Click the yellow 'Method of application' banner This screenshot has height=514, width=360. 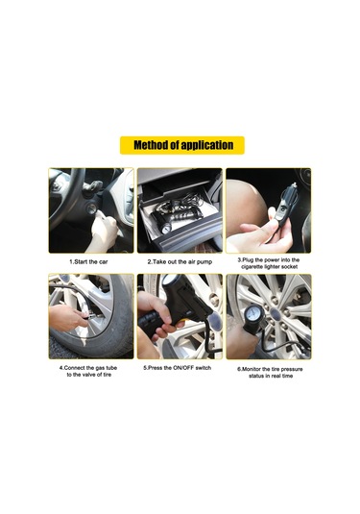(182, 145)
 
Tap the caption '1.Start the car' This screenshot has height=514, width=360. (88, 262)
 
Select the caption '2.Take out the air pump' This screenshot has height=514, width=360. (180, 262)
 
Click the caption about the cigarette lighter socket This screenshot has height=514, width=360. (269, 263)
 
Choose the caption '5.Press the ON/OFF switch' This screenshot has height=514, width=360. (178, 368)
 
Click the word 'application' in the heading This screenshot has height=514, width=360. (207, 145)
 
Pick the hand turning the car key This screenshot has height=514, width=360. (103, 230)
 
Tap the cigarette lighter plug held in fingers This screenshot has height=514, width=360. (286, 206)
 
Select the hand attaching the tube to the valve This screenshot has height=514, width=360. (66, 318)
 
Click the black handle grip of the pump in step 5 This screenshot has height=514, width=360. (149, 324)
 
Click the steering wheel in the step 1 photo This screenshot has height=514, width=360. (64, 196)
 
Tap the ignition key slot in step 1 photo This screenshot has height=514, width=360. (91, 208)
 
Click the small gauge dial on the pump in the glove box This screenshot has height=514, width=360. (166, 228)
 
